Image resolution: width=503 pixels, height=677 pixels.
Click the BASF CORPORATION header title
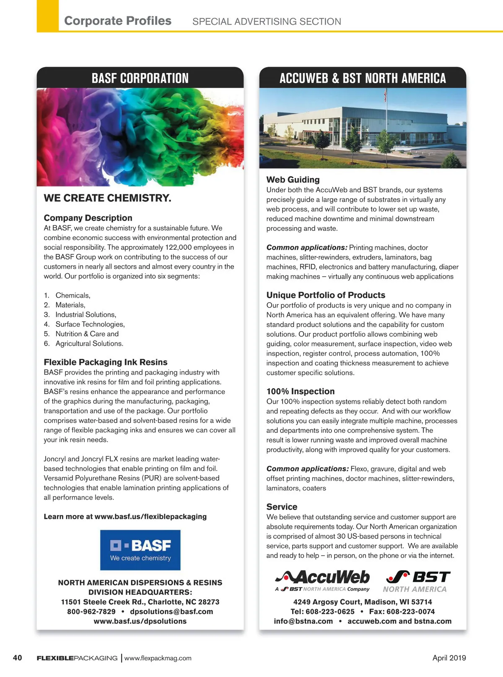140,78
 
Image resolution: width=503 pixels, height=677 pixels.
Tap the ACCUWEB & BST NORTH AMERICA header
363,78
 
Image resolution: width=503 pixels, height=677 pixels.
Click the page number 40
18,658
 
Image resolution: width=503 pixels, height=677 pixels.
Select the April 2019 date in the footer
449,658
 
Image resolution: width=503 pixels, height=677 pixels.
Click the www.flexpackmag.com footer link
158,658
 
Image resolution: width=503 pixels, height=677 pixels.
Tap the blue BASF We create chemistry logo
140,550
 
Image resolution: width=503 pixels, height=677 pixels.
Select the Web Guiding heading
293,180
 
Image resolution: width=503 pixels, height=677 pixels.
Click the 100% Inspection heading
301,392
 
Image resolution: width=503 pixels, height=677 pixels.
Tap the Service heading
282,507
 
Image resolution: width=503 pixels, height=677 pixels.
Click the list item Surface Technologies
90,324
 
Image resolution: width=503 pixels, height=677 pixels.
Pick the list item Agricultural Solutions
89,344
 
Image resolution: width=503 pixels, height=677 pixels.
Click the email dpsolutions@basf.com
171,612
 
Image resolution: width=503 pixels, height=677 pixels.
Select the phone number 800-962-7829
91,612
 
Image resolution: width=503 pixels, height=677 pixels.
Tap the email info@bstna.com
303,621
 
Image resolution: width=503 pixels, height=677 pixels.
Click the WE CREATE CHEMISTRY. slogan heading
108,198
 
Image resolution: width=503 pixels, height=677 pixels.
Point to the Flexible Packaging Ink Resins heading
106,362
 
